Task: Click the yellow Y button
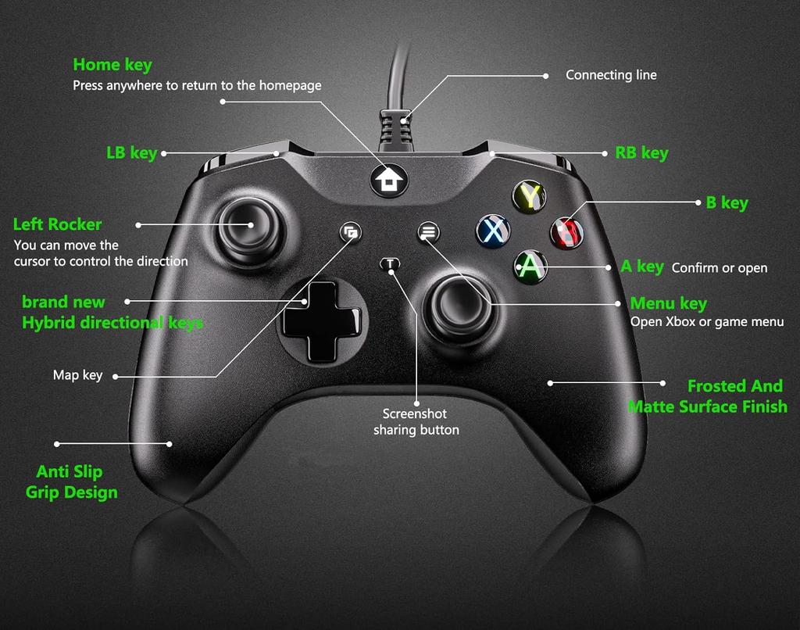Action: pos(529,196)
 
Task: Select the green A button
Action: pos(530,266)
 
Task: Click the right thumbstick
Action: pos(449,302)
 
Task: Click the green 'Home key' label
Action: pos(112,65)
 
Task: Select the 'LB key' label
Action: pos(131,153)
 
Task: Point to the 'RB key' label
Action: pos(641,153)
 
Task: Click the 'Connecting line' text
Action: pos(611,75)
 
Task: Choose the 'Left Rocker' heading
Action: pos(57,224)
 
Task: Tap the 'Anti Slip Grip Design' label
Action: pos(71,481)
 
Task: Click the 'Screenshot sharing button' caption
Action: pos(416,422)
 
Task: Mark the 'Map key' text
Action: pos(77,375)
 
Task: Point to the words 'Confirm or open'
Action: pos(719,268)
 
